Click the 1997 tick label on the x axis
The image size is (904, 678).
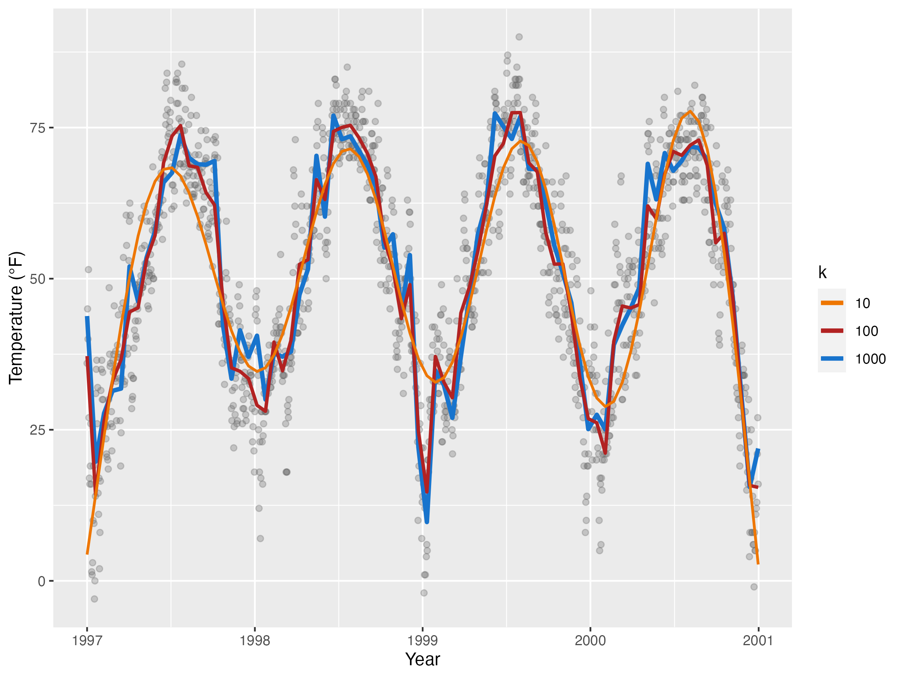coord(87,641)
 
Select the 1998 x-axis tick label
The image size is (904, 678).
coord(255,641)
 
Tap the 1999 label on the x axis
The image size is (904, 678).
coord(423,641)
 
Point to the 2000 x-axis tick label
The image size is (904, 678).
coord(590,641)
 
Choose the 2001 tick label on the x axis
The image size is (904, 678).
coord(758,641)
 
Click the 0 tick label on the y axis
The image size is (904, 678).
coord(41,581)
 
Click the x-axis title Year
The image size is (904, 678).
coord(423,659)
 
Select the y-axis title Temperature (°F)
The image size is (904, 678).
coord(16,318)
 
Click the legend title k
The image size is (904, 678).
coord(822,273)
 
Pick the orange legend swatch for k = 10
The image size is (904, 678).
coord(832,303)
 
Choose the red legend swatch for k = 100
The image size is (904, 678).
coord(832,331)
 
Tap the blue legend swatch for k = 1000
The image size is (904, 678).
coord(832,359)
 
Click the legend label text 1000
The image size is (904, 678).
coord(870,359)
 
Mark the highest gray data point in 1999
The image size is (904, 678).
coord(519,37)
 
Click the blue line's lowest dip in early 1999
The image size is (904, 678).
coord(427,522)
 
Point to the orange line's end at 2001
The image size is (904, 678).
coord(758,564)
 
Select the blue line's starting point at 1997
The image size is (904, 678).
coord(87,317)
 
